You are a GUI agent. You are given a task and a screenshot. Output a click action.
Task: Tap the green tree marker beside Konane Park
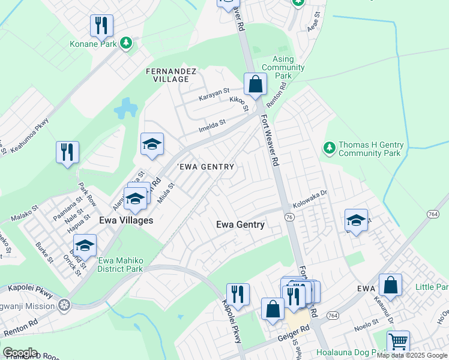click(x=126, y=43)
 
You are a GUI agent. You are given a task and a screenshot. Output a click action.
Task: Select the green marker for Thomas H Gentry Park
click(x=328, y=147)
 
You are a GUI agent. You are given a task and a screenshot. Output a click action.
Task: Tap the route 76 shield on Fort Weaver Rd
click(x=289, y=217)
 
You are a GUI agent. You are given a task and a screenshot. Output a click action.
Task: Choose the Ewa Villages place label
click(x=125, y=220)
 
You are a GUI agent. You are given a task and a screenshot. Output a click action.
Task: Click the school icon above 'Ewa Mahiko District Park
click(x=85, y=245)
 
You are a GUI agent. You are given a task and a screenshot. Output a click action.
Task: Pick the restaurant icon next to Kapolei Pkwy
click(x=238, y=294)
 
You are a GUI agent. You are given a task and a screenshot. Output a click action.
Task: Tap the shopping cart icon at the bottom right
click(x=397, y=342)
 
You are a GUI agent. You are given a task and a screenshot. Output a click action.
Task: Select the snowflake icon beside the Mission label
click(x=64, y=305)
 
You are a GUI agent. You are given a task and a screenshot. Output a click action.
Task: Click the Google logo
click(x=19, y=353)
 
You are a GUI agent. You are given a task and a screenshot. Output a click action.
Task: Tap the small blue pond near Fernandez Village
click(x=126, y=108)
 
